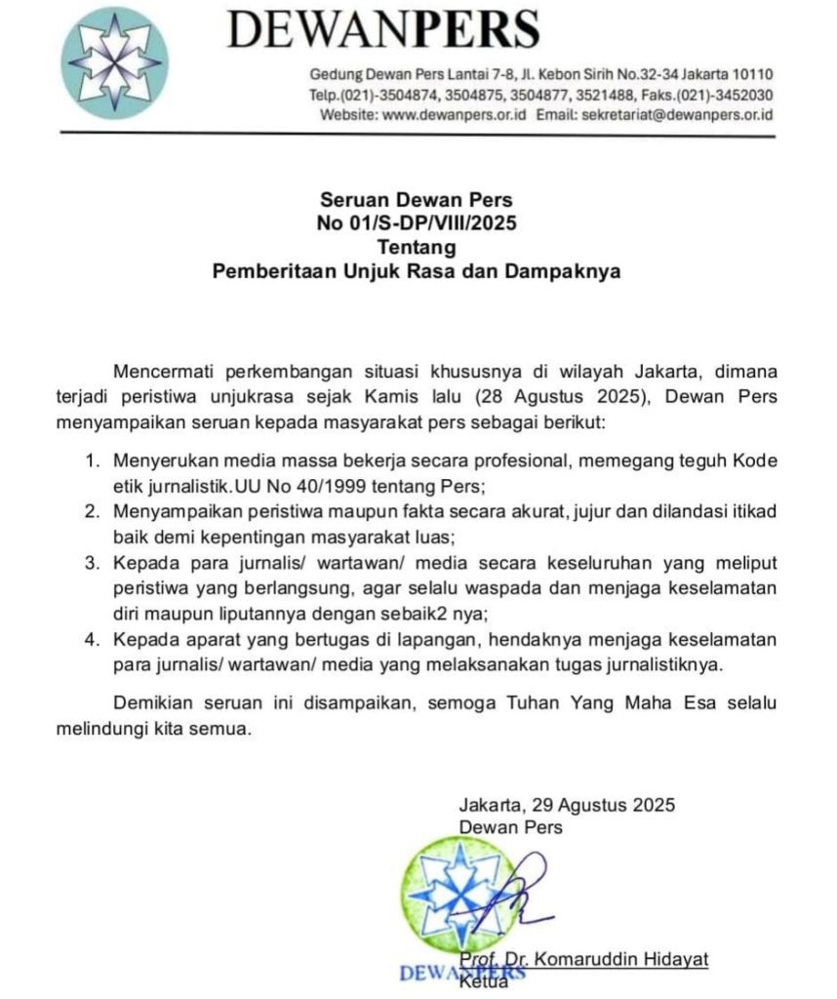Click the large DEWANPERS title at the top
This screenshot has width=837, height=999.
click(382, 31)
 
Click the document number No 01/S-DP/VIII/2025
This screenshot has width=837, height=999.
click(417, 223)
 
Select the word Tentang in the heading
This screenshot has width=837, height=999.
click(417, 247)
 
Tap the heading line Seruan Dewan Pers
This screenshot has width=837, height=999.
click(417, 200)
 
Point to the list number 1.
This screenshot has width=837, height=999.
click(92, 460)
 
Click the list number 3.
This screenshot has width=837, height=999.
click(92, 566)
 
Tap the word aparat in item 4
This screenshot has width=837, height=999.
click(213, 640)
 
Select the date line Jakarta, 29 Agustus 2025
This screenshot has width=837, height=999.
click(567, 805)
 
